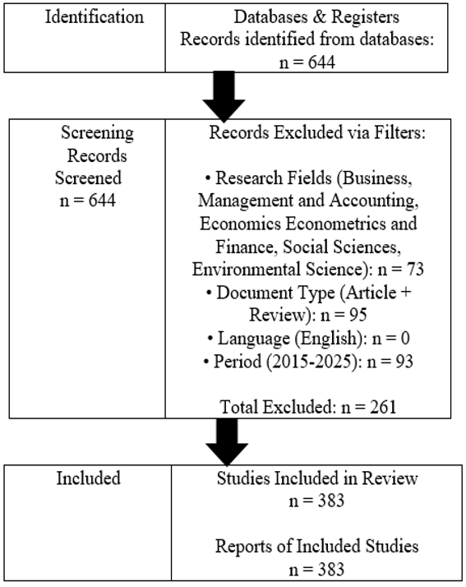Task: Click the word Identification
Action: coord(95,16)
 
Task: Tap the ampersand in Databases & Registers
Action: coord(319,16)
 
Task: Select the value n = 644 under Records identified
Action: coord(307,62)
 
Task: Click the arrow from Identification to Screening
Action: coord(224,96)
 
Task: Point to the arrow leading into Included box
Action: coord(227,441)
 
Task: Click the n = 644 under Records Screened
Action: coord(88,201)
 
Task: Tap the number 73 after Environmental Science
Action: coord(415,269)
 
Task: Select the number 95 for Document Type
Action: coord(358,315)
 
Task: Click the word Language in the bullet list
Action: coord(254,339)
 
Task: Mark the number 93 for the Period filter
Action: coord(404,362)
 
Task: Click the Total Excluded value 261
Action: coord(382,407)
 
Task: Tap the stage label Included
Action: coord(88,478)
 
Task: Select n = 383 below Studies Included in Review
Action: coord(316,501)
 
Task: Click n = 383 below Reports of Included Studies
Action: coord(316,570)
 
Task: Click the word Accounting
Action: coord(374,201)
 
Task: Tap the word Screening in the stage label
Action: coord(97,133)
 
